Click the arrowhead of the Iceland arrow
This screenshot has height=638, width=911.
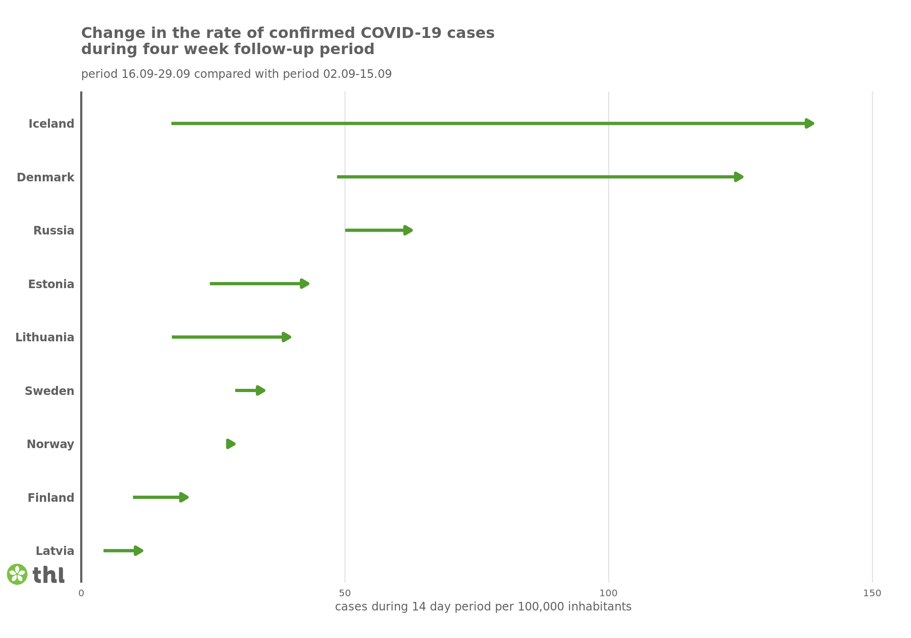(809, 124)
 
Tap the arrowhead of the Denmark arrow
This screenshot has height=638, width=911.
(738, 177)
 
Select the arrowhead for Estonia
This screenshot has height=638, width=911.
(305, 284)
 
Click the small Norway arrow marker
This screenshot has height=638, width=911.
(231, 444)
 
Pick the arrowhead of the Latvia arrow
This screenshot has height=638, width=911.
(138, 551)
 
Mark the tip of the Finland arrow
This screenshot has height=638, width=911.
(184, 497)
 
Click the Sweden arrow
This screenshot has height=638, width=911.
(250, 391)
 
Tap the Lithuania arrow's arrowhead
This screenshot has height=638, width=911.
(286, 338)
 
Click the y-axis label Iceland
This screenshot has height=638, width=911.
(51, 124)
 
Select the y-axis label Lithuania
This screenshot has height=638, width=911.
(45, 338)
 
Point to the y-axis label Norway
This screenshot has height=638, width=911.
(50, 444)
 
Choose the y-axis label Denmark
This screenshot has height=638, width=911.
(46, 178)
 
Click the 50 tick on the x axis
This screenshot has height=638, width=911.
(345, 593)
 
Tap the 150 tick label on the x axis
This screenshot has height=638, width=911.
(872, 593)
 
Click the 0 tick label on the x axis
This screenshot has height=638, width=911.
(81, 593)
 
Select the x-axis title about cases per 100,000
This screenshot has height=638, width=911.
(483, 607)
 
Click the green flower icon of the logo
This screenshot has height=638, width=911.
(17, 574)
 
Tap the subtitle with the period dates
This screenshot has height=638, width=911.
(236, 74)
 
